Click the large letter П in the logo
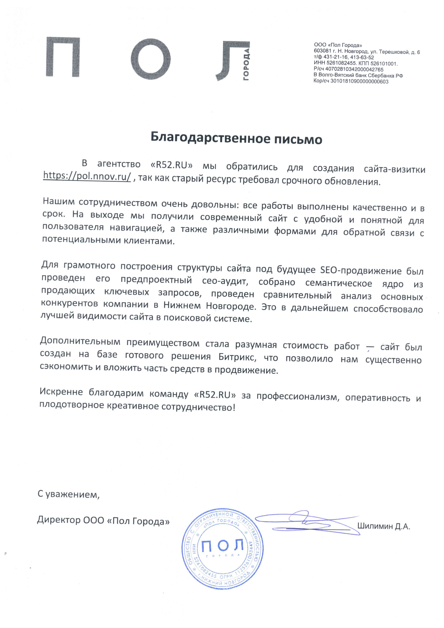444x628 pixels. click(x=63, y=57)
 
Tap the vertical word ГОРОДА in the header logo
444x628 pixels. click(x=246, y=65)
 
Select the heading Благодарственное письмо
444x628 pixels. click(x=236, y=138)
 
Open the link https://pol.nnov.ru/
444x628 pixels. click(x=87, y=176)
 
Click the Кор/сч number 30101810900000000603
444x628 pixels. click(x=359, y=81)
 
